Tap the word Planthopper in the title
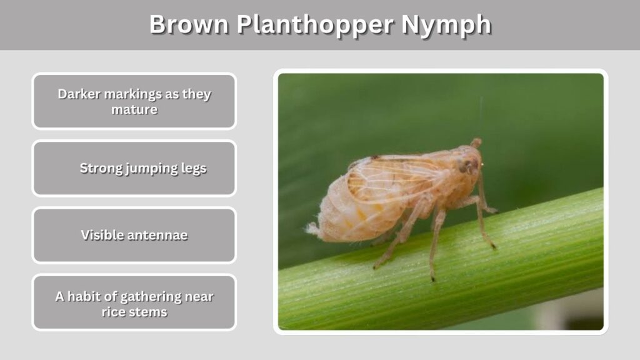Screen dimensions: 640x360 [315, 25]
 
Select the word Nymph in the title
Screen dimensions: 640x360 [446, 25]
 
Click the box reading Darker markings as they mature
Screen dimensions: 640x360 [134, 101]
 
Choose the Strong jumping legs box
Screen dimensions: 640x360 [134, 168]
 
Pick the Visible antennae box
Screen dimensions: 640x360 [134, 235]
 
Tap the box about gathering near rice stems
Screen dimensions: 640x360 [134, 302]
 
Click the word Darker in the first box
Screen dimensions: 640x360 [79, 94]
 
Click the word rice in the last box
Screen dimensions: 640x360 [111, 312]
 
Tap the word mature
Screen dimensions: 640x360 [134, 109]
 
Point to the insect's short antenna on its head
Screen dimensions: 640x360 [476, 142]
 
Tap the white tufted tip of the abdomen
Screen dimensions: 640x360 [312, 229]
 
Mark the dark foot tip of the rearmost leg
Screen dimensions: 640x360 [375, 267]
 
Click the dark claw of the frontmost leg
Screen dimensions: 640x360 [494, 246]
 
